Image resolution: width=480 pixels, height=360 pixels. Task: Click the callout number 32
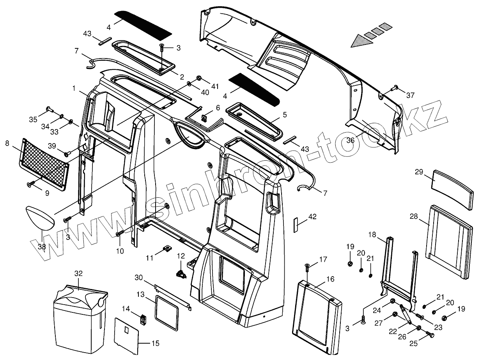[x=79, y=273]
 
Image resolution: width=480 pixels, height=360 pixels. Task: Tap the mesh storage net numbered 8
[x=44, y=164]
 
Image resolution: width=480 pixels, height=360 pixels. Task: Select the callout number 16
[x=330, y=279]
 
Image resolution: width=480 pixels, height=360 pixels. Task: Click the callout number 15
[x=155, y=343]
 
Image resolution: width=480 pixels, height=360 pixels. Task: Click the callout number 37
[x=410, y=95]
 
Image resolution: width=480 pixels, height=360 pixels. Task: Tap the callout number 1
[x=73, y=89]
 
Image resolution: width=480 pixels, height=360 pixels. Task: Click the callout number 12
[x=181, y=256]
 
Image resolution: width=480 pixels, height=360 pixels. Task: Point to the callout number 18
[x=372, y=234]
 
